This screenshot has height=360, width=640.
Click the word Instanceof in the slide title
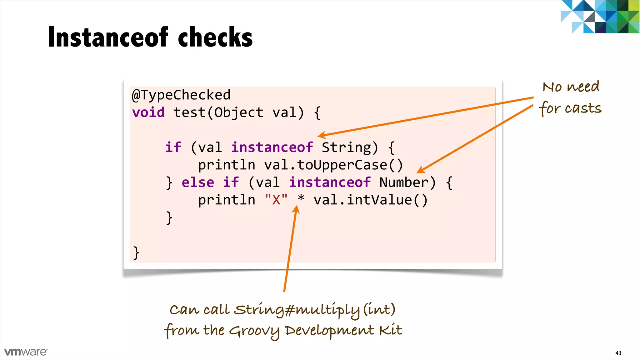click(x=108, y=37)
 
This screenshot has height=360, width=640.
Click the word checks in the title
click(x=215, y=37)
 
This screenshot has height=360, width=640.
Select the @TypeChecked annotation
click(x=181, y=95)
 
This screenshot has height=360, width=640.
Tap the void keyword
click(x=148, y=112)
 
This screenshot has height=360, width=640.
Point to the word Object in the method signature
click(x=239, y=112)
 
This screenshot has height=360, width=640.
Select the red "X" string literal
click(x=276, y=200)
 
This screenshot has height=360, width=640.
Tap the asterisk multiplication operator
click(x=301, y=199)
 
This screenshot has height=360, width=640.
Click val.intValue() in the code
click(x=370, y=200)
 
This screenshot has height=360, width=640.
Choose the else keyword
click(x=198, y=182)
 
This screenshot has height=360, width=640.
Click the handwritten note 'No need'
click(x=571, y=87)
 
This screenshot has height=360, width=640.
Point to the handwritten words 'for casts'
click(x=570, y=108)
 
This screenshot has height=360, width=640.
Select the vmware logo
click(x=26, y=352)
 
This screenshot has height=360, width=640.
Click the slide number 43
click(x=618, y=353)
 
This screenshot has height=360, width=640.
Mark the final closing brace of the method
click(x=136, y=252)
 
